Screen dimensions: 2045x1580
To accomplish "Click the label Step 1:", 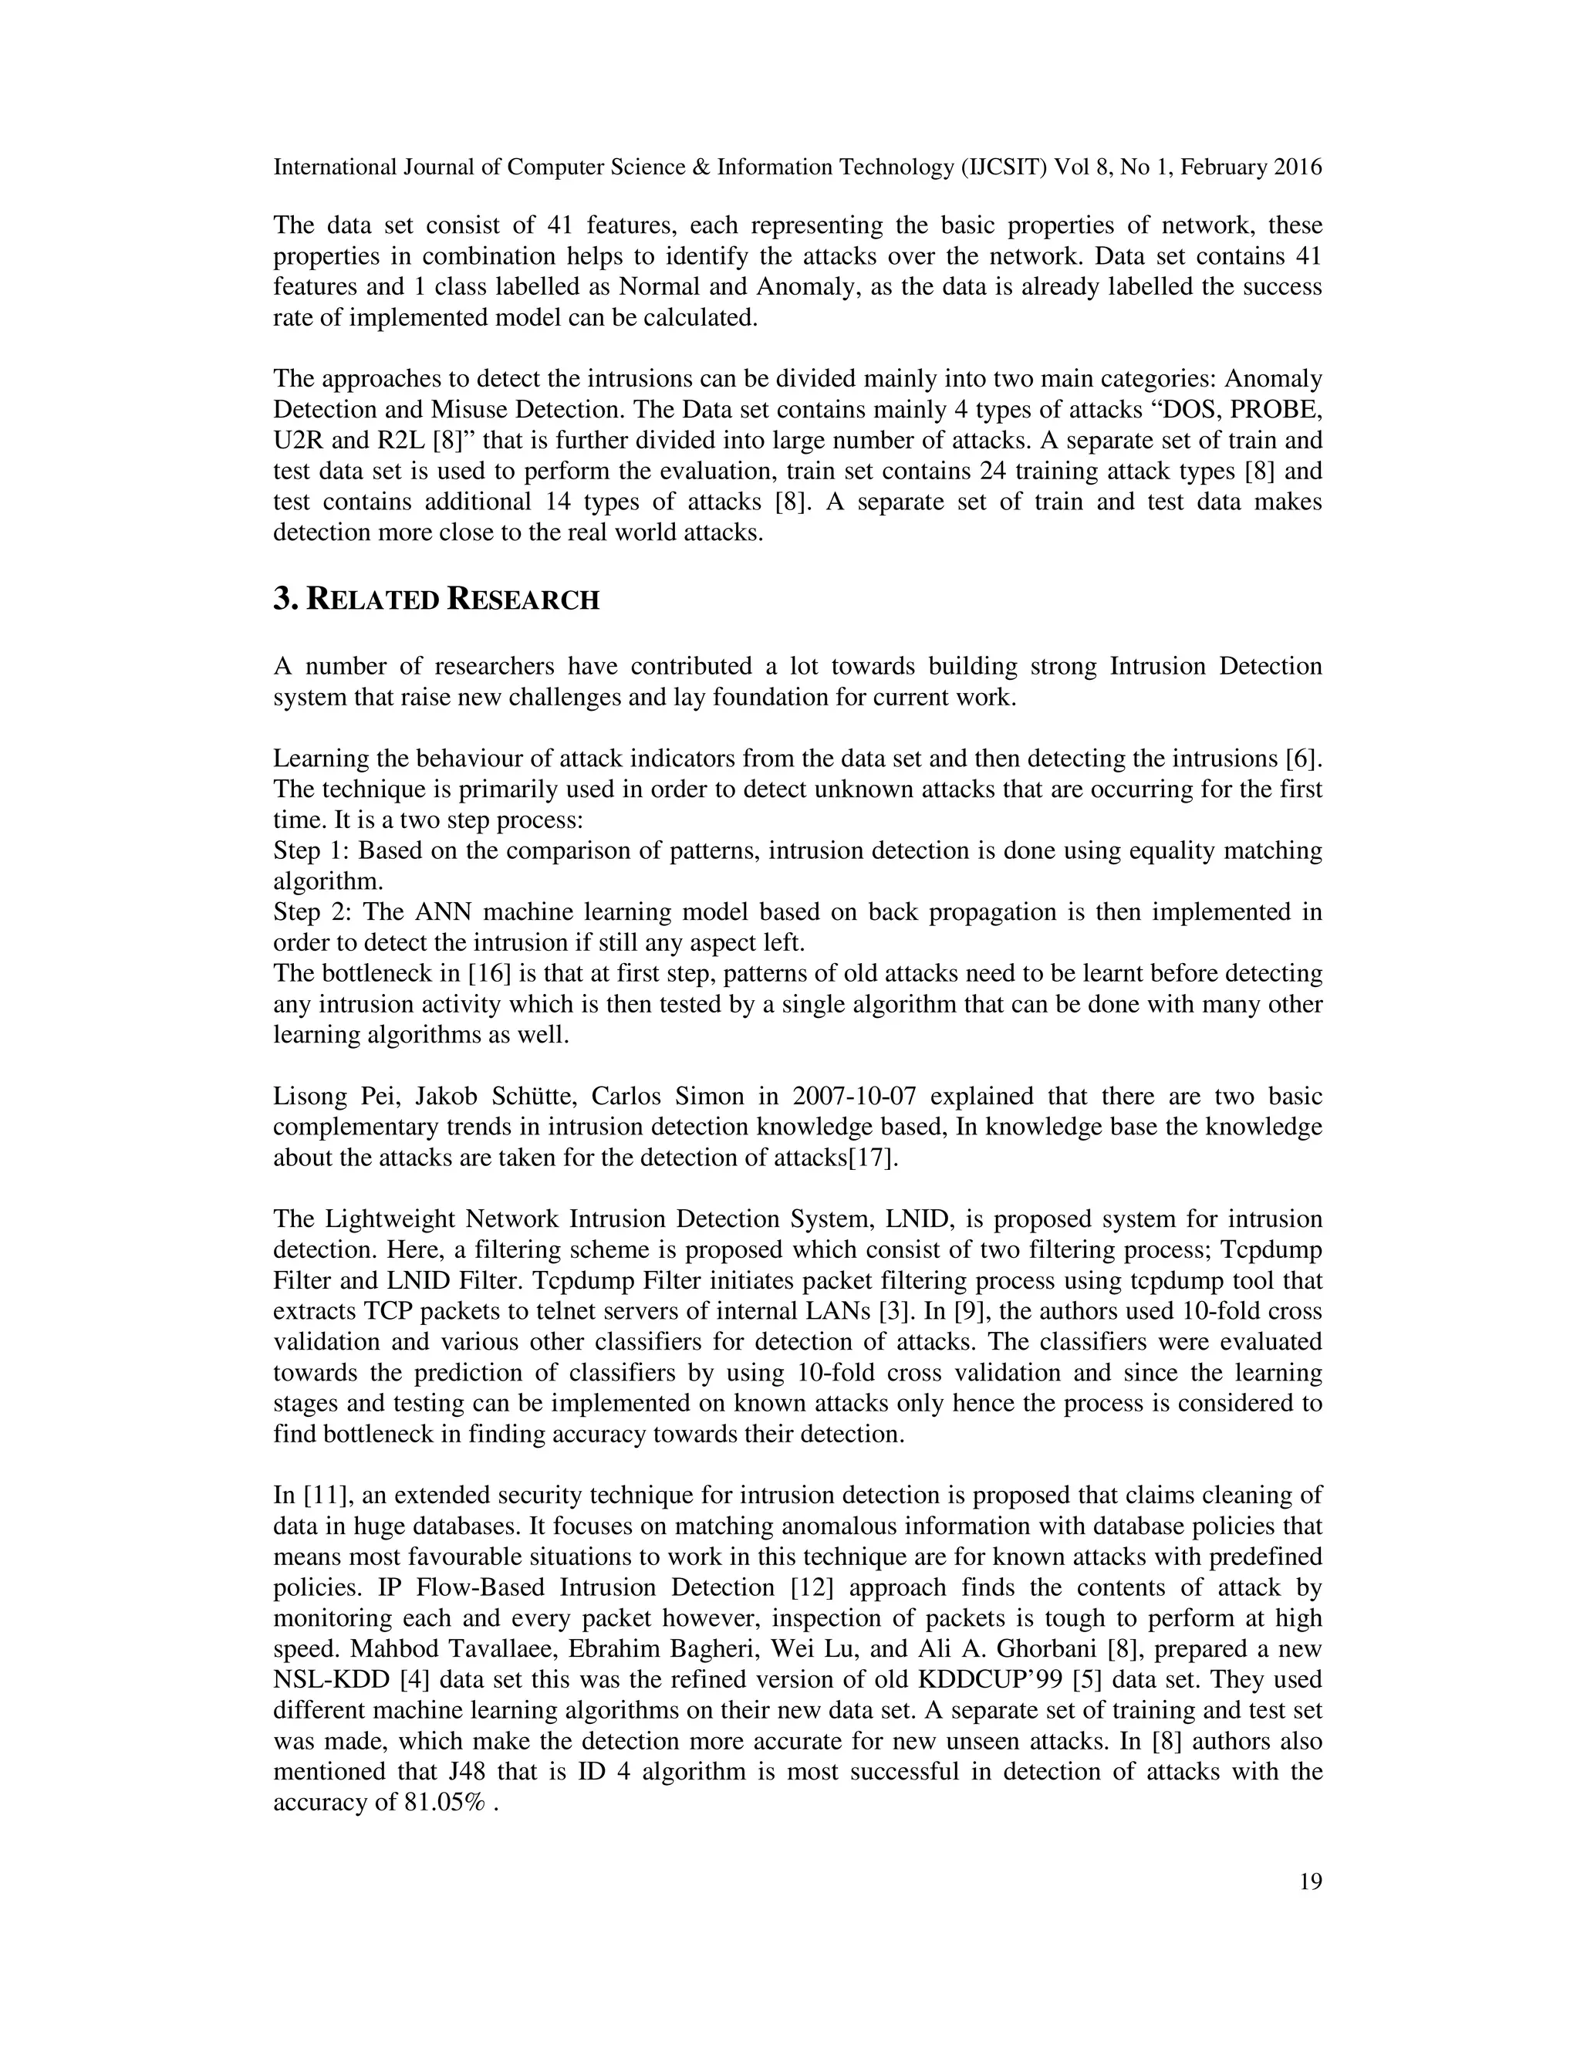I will [x=310, y=850].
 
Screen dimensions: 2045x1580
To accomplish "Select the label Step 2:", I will [x=311, y=911].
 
